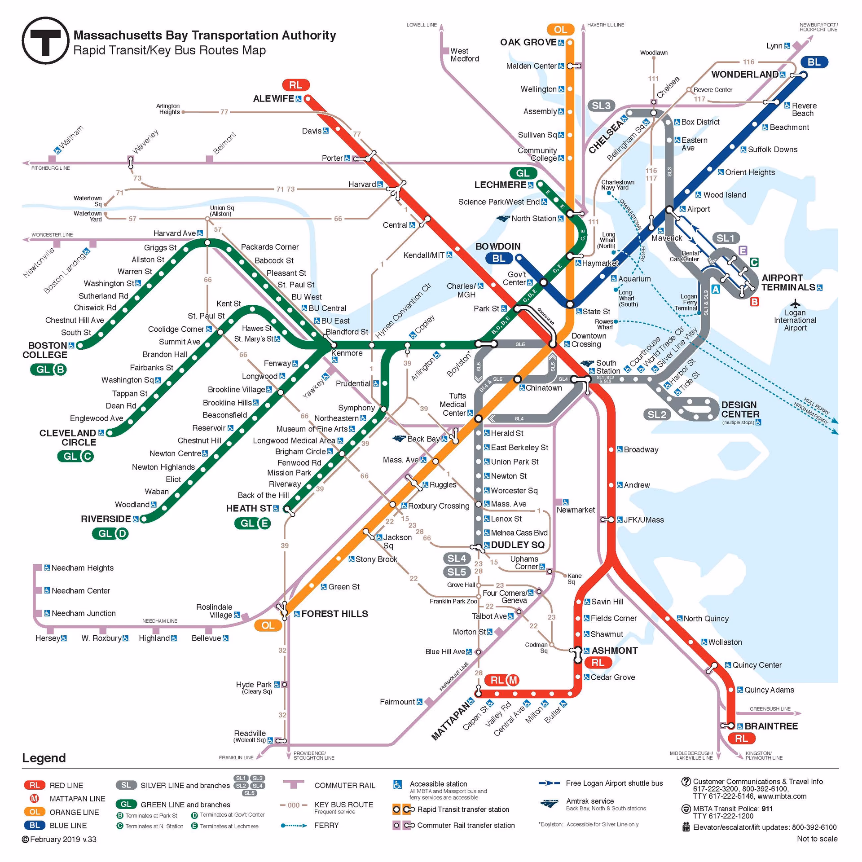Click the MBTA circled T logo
tap(45, 41)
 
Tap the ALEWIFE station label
tap(273, 99)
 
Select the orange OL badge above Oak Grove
tap(560, 30)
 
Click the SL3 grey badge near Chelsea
tap(601, 106)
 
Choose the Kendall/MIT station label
tap(424, 255)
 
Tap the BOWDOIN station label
tap(498, 246)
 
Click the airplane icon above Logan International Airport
tap(795, 303)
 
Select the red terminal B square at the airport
tap(754, 302)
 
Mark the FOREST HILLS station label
tap(334, 614)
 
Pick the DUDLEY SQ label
tap(518, 545)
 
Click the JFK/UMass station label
tap(643, 520)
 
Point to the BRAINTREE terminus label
tap(771, 726)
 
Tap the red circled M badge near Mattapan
tap(513, 680)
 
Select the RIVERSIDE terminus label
tap(106, 519)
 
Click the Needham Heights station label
tap(83, 568)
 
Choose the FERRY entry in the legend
tap(326, 825)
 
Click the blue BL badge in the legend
tap(35, 825)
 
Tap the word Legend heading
tap(44, 758)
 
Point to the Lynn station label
tap(774, 46)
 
